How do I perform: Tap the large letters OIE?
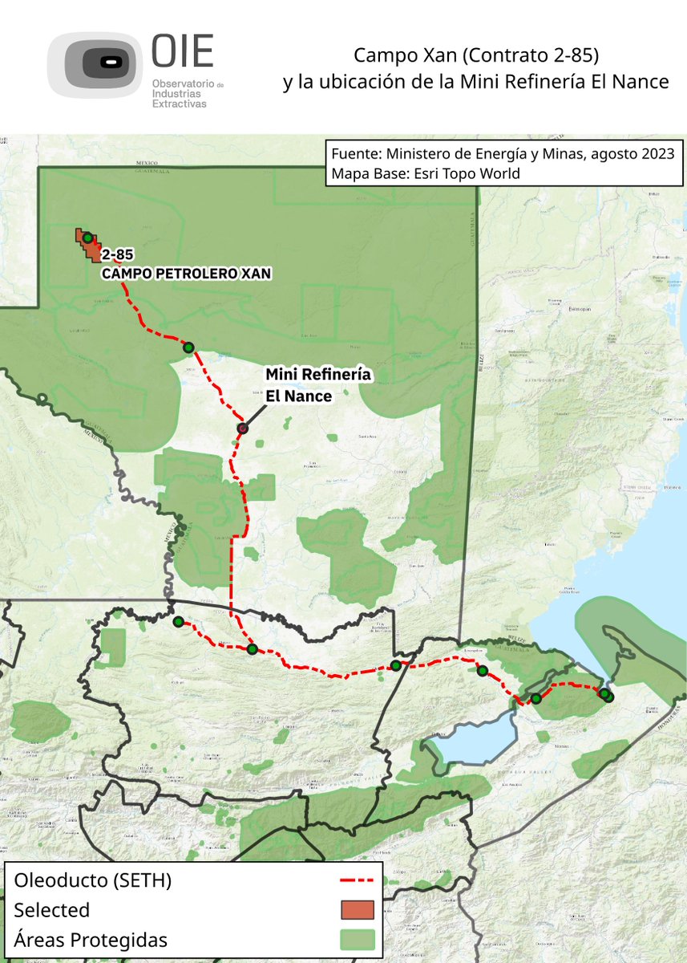tap(183, 53)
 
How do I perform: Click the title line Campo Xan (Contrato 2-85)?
tap(477, 57)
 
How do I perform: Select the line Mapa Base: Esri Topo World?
tap(425, 173)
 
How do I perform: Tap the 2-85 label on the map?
tap(117, 257)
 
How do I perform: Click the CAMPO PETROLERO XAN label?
tap(185, 274)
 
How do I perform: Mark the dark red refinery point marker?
tap(242, 429)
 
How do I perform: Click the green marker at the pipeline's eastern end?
tap(606, 695)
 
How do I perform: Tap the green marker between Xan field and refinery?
tap(189, 347)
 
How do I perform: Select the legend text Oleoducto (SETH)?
tap(92, 880)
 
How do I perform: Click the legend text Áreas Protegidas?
tap(91, 940)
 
